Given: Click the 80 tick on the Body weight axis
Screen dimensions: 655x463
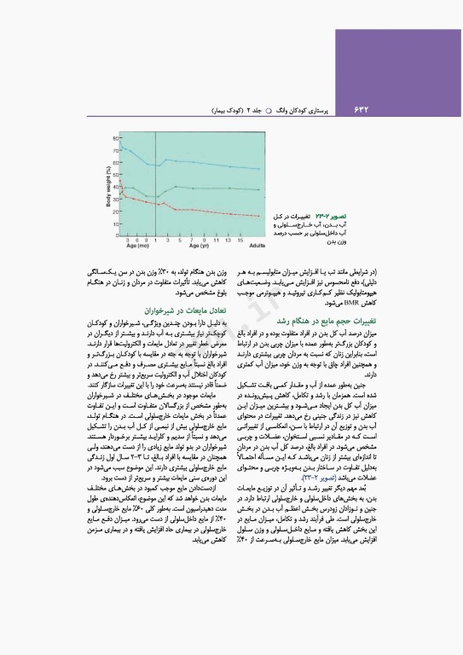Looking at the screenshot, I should click(119, 138).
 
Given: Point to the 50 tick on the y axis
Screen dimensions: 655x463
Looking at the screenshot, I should click(119, 174).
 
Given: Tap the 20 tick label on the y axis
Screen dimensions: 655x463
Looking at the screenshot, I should click(119, 210).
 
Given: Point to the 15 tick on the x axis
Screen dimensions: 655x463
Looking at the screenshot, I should click(240, 240).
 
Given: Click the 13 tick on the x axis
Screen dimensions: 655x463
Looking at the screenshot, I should click(229, 240).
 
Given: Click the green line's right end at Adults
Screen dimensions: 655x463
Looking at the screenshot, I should click(258, 189).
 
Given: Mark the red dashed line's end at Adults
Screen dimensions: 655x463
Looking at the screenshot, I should click(258, 216).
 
